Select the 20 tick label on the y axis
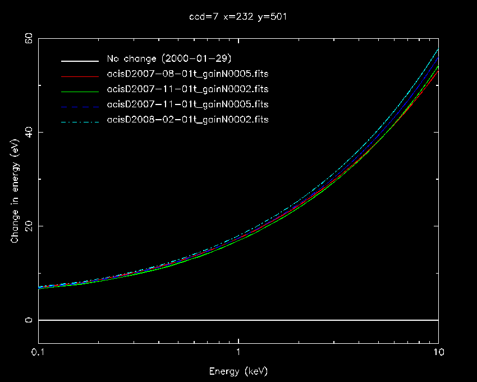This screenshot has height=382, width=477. click(x=28, y=226)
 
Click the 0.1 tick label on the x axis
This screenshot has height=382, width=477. click(x=38, y=352)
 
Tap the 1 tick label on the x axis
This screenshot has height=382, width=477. click(x=238, y=352)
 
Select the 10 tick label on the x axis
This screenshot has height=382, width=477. click(x=438, y=352)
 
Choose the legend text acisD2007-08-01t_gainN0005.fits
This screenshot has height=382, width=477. click(x=187, y=74)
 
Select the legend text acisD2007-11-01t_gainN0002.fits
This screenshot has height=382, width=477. click(x=187, y=89)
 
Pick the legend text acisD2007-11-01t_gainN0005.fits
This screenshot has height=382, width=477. click(x=187, y=104)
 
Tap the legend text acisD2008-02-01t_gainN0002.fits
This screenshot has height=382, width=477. click(x=187, y=120)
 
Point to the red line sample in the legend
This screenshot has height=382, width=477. click(x=81, y=75)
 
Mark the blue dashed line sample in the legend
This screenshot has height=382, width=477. click(x=81, y=105)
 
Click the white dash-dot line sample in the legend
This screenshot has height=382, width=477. click(x=81, y=120)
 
